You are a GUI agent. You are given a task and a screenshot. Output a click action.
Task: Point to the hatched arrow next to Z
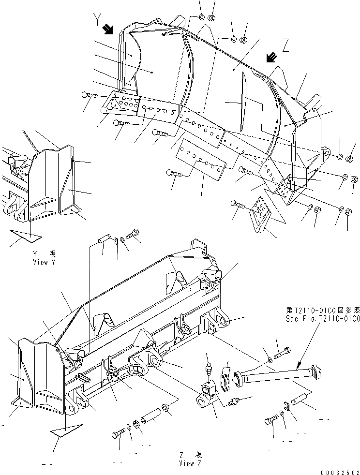(x=272, y=58)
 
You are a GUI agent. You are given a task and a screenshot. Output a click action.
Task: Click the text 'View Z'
(x=189, y=463)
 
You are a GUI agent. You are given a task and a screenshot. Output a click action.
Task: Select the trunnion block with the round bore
(x=207, y=396)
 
